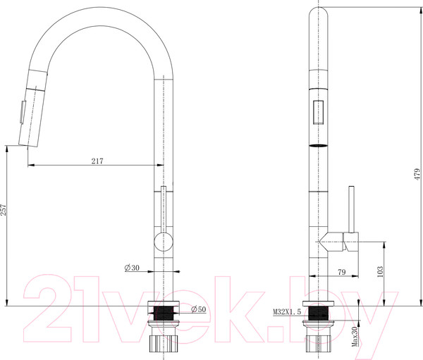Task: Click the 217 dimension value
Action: coord(97,161)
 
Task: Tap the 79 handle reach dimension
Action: coord(341,272)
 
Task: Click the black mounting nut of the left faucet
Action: coord(164,310)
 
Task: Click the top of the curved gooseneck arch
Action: coord(99,8)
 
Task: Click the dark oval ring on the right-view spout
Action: coord(319,144)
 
